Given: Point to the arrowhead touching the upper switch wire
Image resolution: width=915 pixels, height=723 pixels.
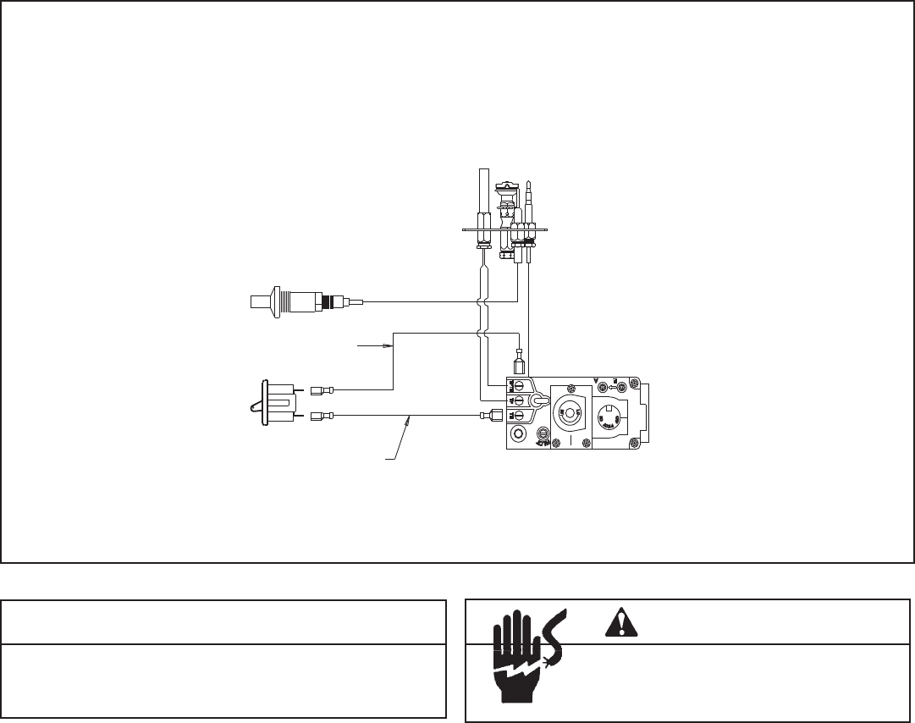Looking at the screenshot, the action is [x=390, y=345].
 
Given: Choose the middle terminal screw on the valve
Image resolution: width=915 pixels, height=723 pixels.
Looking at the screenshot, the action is [x=517, y=400].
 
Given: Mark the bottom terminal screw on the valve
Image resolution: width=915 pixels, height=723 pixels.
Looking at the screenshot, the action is [x=517, y=415].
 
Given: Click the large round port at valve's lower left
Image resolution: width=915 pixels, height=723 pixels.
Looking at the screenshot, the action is [x=518, y=436].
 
